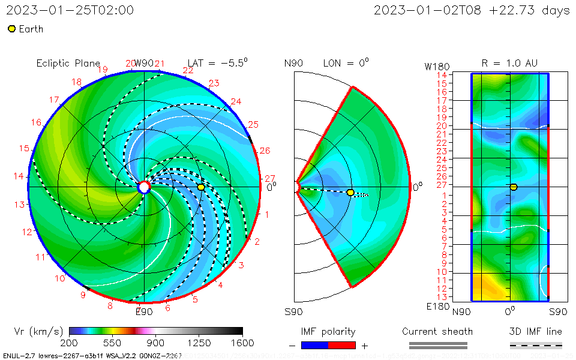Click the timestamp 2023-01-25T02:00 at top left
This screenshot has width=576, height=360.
click(x=70, y=10)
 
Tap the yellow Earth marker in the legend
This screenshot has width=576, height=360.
click(x=11, y=29)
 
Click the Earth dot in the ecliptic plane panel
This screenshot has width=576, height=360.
click(x=201, y=187)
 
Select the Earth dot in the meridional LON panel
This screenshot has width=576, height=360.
click(x=350, y=193)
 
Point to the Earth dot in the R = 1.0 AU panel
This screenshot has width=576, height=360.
click(x=514, y=187)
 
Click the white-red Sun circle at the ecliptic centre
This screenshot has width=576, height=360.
click(x=144, y=187)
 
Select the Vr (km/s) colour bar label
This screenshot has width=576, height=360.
click(x=38, y=331)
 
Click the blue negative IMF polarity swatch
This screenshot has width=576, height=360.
click(x=315, y=345)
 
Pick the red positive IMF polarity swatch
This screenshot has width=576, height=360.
click(x=342, y=345)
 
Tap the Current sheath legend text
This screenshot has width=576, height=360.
click(x=437, y=331)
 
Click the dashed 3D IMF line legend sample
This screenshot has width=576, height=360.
click(x=536, y=345)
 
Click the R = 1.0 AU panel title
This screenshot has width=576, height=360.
click(x=509, y=63)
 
